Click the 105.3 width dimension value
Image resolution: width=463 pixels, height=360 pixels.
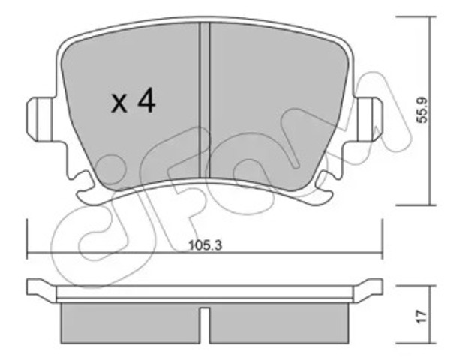point(205,245)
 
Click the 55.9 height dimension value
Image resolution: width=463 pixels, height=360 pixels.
point(422,110)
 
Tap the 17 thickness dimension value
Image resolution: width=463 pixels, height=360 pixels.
point(422,316)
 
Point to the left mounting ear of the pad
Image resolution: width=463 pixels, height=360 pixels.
point(41,119)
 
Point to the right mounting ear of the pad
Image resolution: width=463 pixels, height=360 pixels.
point(369,119)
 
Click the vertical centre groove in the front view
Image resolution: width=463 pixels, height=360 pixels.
point(205,100)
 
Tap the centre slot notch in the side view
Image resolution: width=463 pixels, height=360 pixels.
point(205,325)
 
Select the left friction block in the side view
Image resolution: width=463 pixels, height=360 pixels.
point(130,323)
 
